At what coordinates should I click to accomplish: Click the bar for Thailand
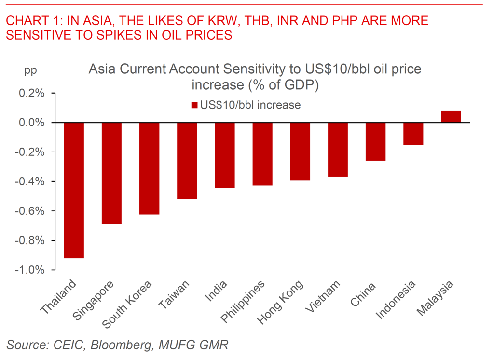click(74, 190)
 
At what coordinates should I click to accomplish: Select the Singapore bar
click(111, 173)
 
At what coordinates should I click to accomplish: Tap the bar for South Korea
click(149, 168)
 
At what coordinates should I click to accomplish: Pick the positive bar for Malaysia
click(451, 117)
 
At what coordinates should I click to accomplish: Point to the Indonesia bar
click(413, 134)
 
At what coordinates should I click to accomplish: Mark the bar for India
click(225, 155)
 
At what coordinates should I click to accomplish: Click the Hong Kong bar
click(300, 152)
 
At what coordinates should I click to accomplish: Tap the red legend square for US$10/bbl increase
click(194, 105)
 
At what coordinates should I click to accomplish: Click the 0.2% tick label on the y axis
click(32, 93)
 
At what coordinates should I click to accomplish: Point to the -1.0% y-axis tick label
click(30, 270)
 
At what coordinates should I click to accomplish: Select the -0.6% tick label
click(30, 211)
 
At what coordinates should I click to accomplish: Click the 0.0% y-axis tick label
click(32, 123)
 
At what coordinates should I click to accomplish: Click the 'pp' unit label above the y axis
click(30, 70)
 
